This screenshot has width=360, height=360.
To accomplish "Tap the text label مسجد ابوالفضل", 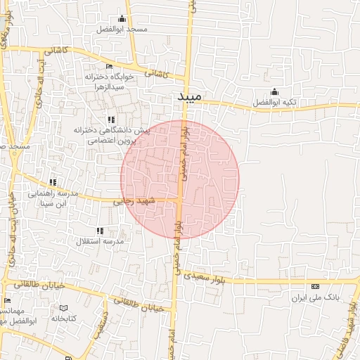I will click(x=122, y=30).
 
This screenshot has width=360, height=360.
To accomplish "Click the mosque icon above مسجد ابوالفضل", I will click(x=122, y=19).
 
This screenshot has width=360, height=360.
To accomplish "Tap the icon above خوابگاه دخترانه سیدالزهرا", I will click(x=109, y=66).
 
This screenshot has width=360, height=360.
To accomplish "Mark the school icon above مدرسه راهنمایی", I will click(x=53, y=182).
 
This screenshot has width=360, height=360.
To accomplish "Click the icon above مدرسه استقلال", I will click(x=99, y=230).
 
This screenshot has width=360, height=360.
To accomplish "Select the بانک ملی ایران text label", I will click(x=316, y=297).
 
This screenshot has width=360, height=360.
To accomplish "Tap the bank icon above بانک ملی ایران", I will click(x=315, y=286).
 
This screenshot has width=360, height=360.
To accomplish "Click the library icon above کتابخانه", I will click(x=64, y=308).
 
